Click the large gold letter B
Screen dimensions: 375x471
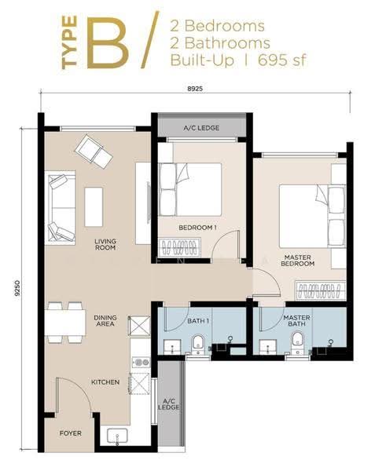(x=108, y=42)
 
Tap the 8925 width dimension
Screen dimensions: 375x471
(x=195, y=89)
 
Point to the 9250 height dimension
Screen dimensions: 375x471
(x=17, y=289)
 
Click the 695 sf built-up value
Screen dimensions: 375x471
(x=281, y=60)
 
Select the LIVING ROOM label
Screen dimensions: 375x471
(x=105, y=244)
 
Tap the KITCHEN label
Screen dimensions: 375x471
(x=105, y=382)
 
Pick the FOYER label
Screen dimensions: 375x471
(x=71, y=433)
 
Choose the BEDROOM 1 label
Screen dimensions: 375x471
(x=197, y=228)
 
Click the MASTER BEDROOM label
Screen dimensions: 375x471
(x=297, y=261)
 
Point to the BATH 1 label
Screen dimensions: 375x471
(x=198, y=321)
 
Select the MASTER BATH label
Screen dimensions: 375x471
(x=296, y=321)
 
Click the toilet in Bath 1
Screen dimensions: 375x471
(x=198, y=345)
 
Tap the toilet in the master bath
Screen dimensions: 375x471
(x=298, y=343)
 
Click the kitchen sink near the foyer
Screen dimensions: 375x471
(x=117, y=436)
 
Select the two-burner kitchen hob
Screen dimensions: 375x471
(x=141, y=362)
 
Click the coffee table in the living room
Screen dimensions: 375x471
(x=94, y=207)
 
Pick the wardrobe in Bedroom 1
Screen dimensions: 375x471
(x=179, y=247)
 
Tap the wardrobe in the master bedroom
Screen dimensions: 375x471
(x=320, y=290)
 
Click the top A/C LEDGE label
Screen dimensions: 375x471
(x=201, y=128)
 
